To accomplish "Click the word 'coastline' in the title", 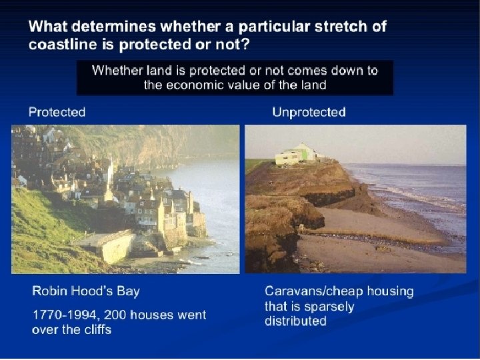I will click(60, 45).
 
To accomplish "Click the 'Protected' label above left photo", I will click(57, 112).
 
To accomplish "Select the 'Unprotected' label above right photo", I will click(309, 112).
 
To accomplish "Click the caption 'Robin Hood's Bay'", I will click(85, 291).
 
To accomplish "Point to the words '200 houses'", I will click(134, 314).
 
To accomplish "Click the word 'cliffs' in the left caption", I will click(94, 329).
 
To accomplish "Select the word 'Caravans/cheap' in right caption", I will click(313, 291).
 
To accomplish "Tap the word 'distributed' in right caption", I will click(295, 321).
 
